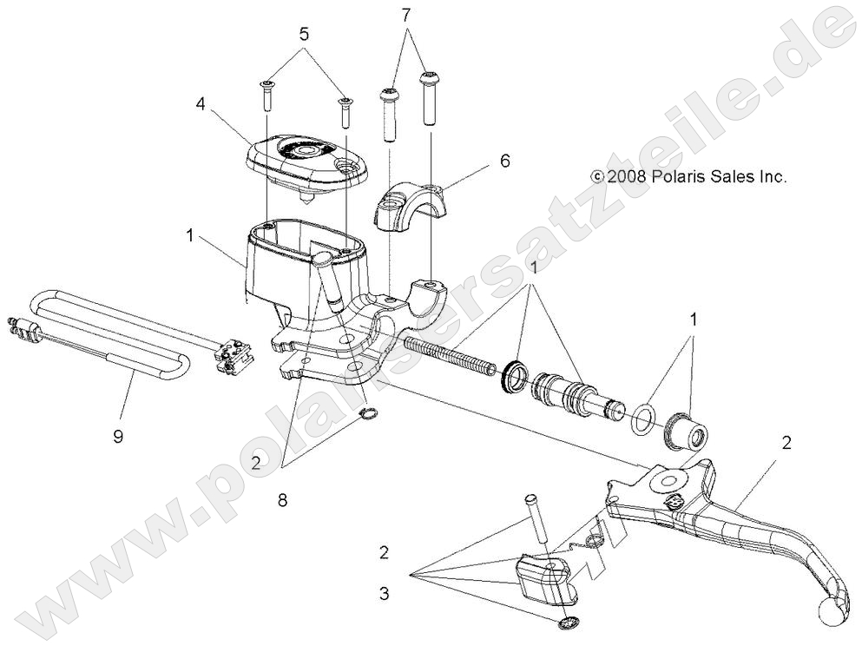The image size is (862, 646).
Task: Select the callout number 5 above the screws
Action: tap(304, 36)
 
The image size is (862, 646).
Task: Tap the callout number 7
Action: tap(405, 14)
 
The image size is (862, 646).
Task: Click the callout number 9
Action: tap(118, 436)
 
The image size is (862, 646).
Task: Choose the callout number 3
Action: tap(383, 595)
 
